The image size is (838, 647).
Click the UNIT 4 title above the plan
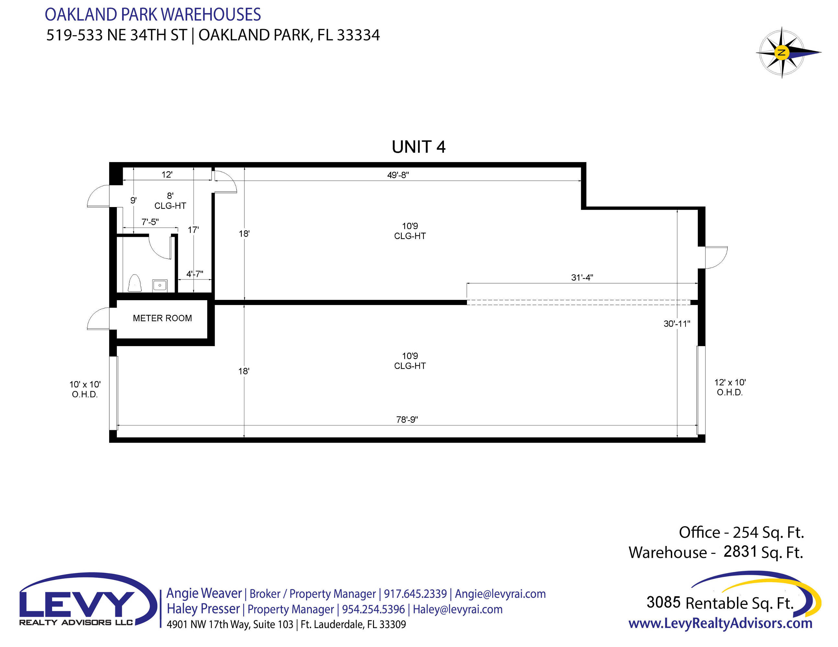click(x=418, y=147)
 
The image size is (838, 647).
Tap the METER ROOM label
click(x=162, y=318)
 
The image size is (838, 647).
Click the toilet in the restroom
click(x=134, y=283)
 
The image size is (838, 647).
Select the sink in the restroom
click(x=160, y=286)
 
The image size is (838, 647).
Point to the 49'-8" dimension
click(x=398, y=175)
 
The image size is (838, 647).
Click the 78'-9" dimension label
click(x=407, y=420)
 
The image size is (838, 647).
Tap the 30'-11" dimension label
click(x=677, y=324)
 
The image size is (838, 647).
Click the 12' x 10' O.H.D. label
click(x=730, y=388)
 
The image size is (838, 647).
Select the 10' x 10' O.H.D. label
click(x=85, y=389)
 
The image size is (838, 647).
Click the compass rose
click(x=782, y=52)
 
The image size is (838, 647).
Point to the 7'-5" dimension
click(x=150, y=222)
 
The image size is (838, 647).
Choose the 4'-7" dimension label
click(x=195, y=274)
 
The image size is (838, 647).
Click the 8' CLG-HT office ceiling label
click(x=170, y=201)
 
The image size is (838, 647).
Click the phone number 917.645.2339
click(x=415, y=594)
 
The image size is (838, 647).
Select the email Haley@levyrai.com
click(x=457, y=609)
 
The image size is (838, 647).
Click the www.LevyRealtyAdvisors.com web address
click(x=720, y=624)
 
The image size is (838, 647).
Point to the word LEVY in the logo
click(x=77, y=603)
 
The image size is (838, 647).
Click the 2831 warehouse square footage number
click(x=740, y=552)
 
